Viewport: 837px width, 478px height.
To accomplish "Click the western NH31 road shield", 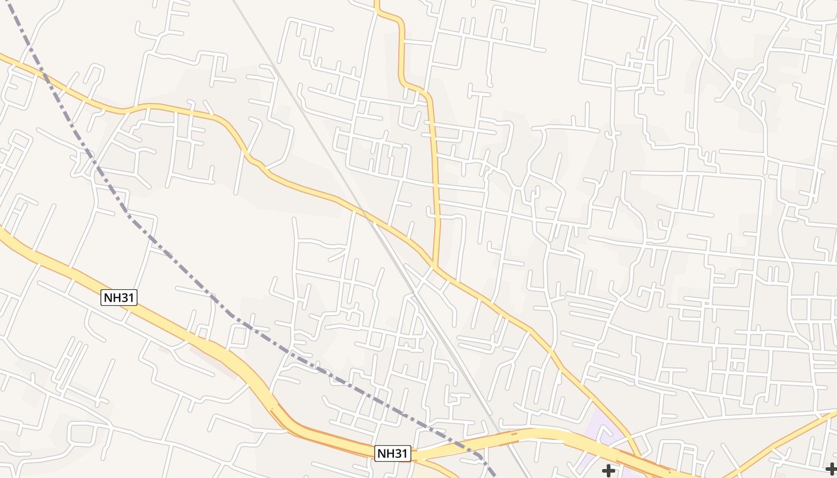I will tap(119, 298).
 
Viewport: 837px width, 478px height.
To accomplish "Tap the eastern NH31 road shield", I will tap(393, 454).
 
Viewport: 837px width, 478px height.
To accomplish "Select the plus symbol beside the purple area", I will tap(608, 471).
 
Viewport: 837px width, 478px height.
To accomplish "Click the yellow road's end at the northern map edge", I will tap(377, 2).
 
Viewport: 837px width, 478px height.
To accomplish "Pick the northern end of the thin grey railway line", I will tap(233, 2).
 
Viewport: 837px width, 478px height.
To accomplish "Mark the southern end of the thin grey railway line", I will tap(529, 476).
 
